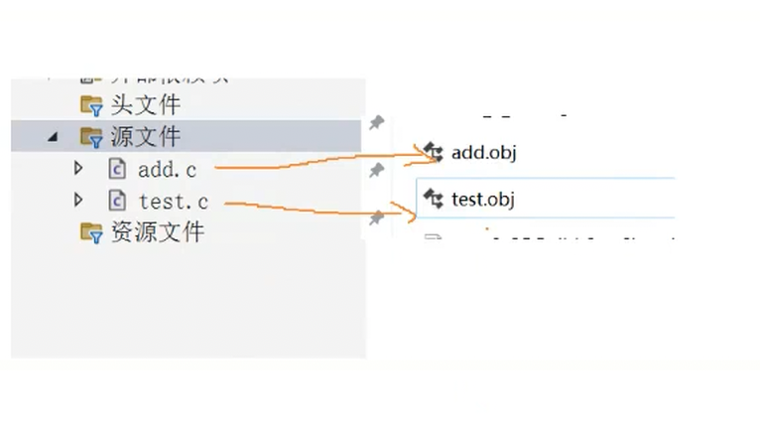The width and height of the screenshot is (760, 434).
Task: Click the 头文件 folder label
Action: (x=145, y=104)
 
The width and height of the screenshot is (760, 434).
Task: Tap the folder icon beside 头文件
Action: (x=91, y=104)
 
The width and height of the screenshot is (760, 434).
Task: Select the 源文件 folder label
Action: (x=145, y=136)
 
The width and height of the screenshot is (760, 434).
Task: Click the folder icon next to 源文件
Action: (x=91, y=136)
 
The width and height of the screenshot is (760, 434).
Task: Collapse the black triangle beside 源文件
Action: (x=53, y=137)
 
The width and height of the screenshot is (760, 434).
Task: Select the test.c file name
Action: (x=174, y=201)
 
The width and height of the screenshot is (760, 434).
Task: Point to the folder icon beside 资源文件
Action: (x=91, y=232)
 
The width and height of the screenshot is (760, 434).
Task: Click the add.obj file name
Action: (x=483, y=152)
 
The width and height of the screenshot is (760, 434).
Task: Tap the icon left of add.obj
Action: (x=433, y=151)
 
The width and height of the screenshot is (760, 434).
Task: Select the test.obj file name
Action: (x=483, y=199)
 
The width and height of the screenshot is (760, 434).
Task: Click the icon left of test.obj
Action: (x=433, y=198)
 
